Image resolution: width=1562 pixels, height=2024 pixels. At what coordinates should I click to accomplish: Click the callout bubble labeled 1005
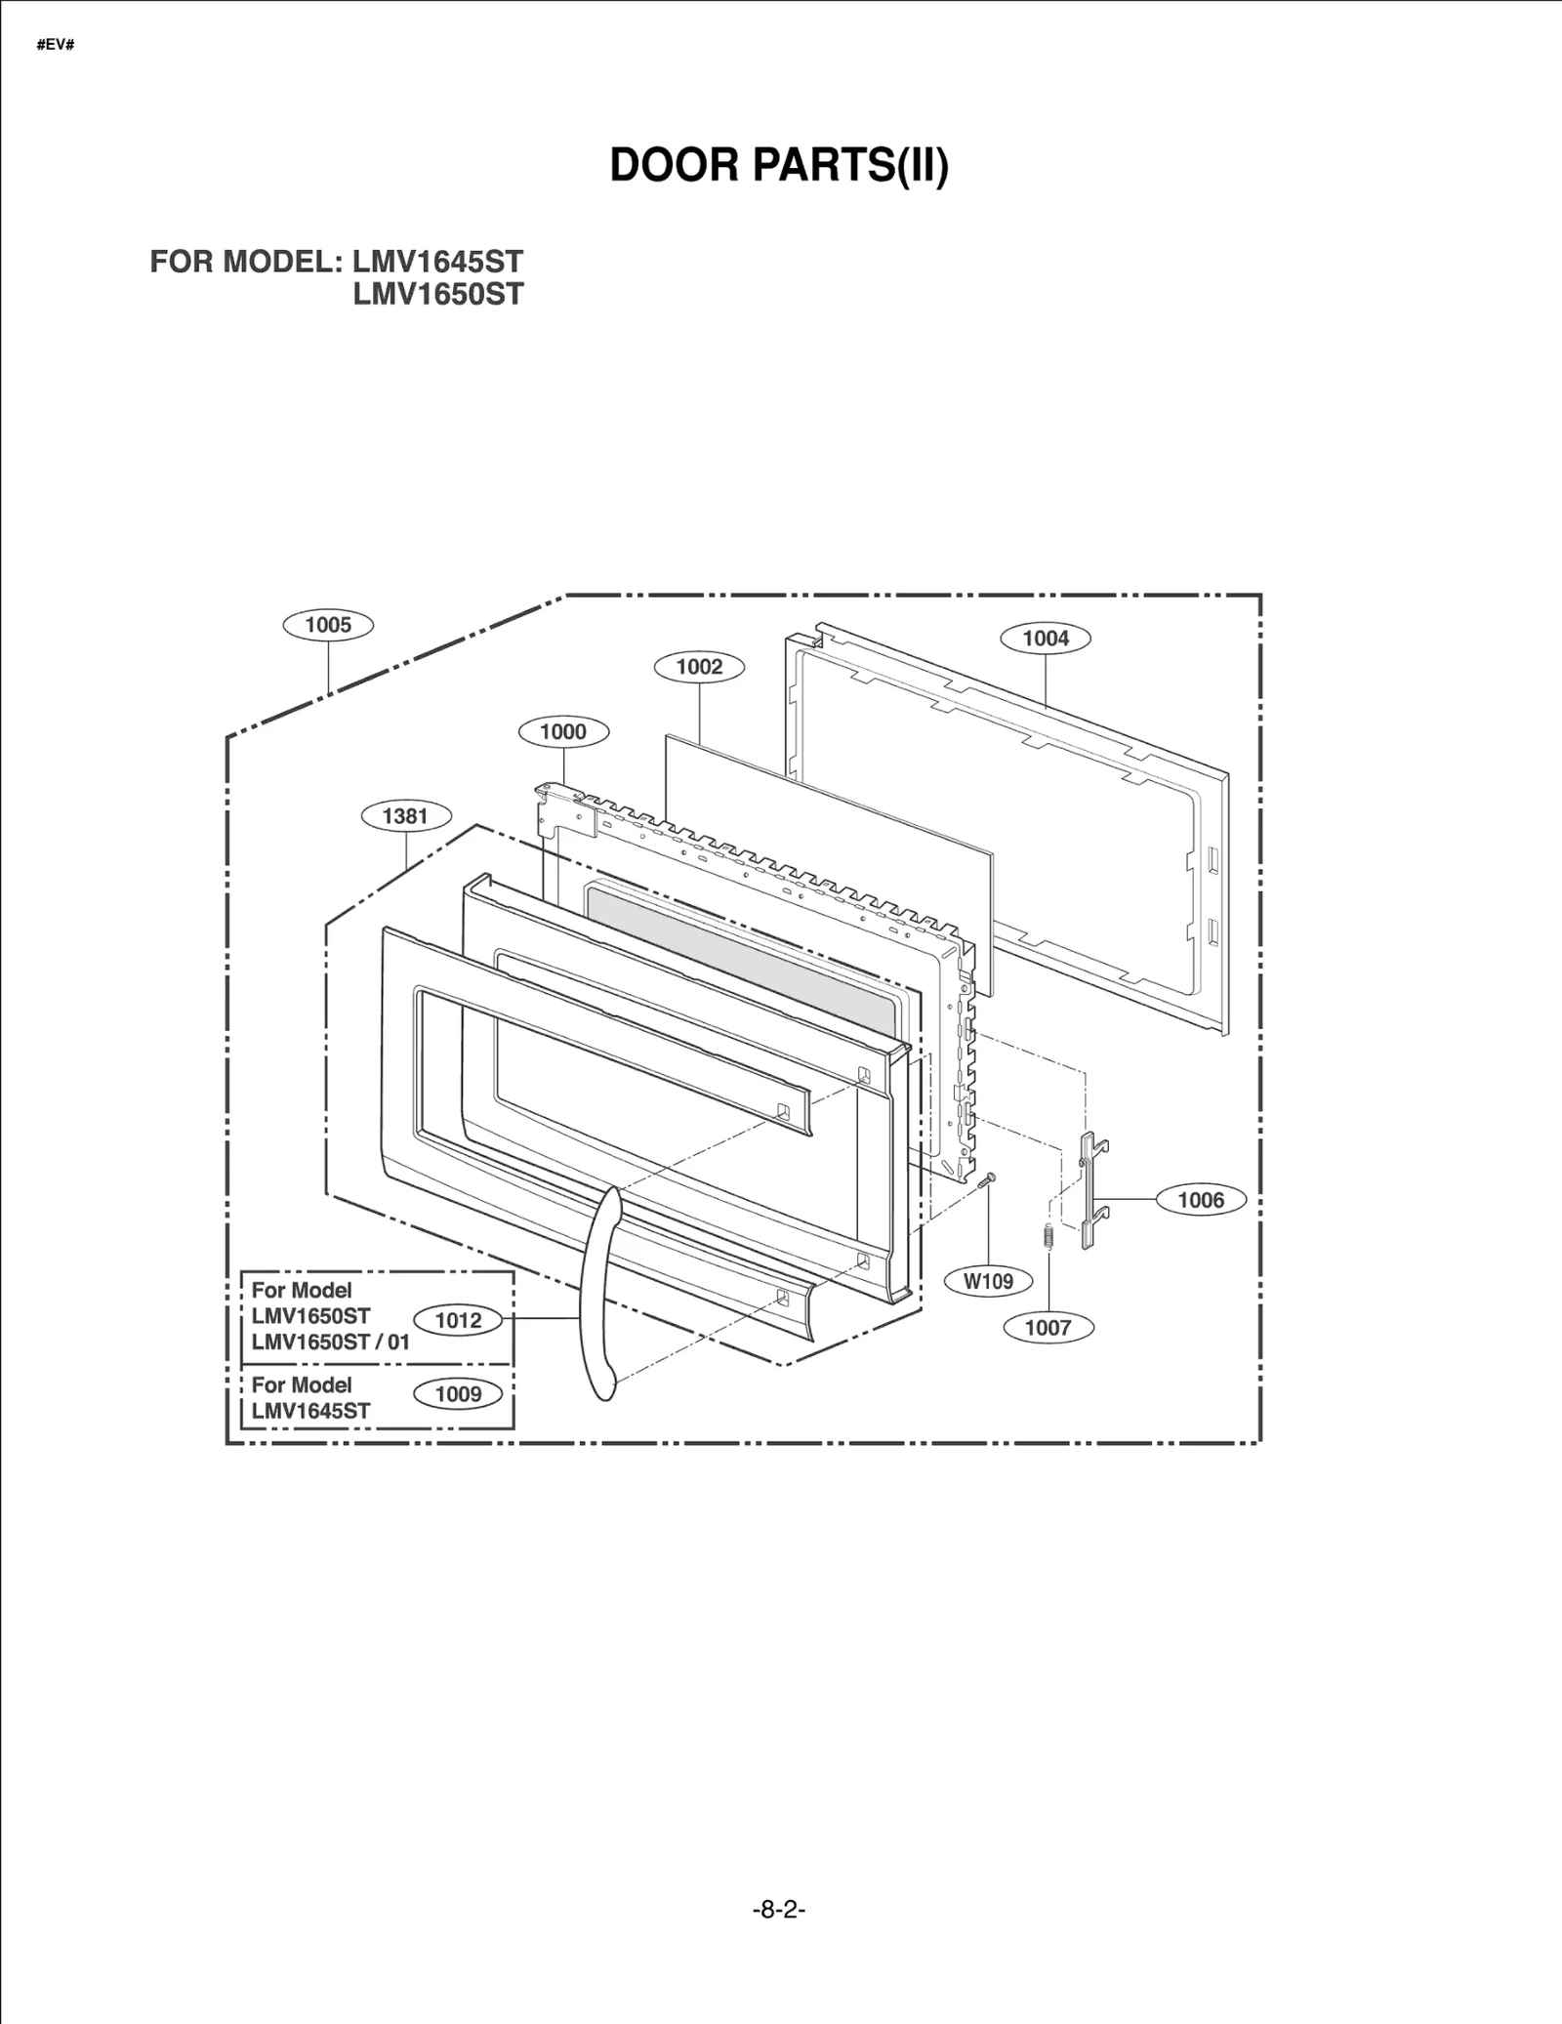click(328, 625)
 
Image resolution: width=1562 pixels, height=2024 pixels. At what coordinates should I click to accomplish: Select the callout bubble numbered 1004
click(1046, 639)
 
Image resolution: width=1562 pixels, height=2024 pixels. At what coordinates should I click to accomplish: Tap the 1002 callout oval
click(699, 667)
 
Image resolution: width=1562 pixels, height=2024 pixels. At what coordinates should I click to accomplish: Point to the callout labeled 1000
click(563, 731)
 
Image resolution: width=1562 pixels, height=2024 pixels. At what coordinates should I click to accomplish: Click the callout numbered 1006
click(1201, 1200)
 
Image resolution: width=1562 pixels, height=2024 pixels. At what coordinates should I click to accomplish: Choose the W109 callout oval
click(989, 1281)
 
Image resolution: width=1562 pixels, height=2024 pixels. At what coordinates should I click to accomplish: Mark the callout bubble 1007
click(1048, 1327)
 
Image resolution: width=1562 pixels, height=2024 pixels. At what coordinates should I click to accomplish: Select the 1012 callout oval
click(458, 1320)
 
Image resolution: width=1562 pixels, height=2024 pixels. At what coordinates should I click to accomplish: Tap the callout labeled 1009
click(458, 1394)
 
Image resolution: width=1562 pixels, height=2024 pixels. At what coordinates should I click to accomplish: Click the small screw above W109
click(986, 1180)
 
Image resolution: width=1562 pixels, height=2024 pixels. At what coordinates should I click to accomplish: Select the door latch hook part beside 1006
click(1089, 1191)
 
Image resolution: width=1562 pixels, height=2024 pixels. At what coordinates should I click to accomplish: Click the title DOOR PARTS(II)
click(779, 165)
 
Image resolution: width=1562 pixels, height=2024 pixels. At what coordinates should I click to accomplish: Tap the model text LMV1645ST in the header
click(438, 262)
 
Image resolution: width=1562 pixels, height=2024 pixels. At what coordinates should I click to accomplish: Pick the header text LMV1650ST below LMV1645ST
click(438, 294)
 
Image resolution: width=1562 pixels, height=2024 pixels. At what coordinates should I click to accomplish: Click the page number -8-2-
click(779, 1910)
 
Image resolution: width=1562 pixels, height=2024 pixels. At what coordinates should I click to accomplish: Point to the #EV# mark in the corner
click(56, 46)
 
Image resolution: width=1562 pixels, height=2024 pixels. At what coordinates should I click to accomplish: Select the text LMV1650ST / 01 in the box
click(330, 1342)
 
